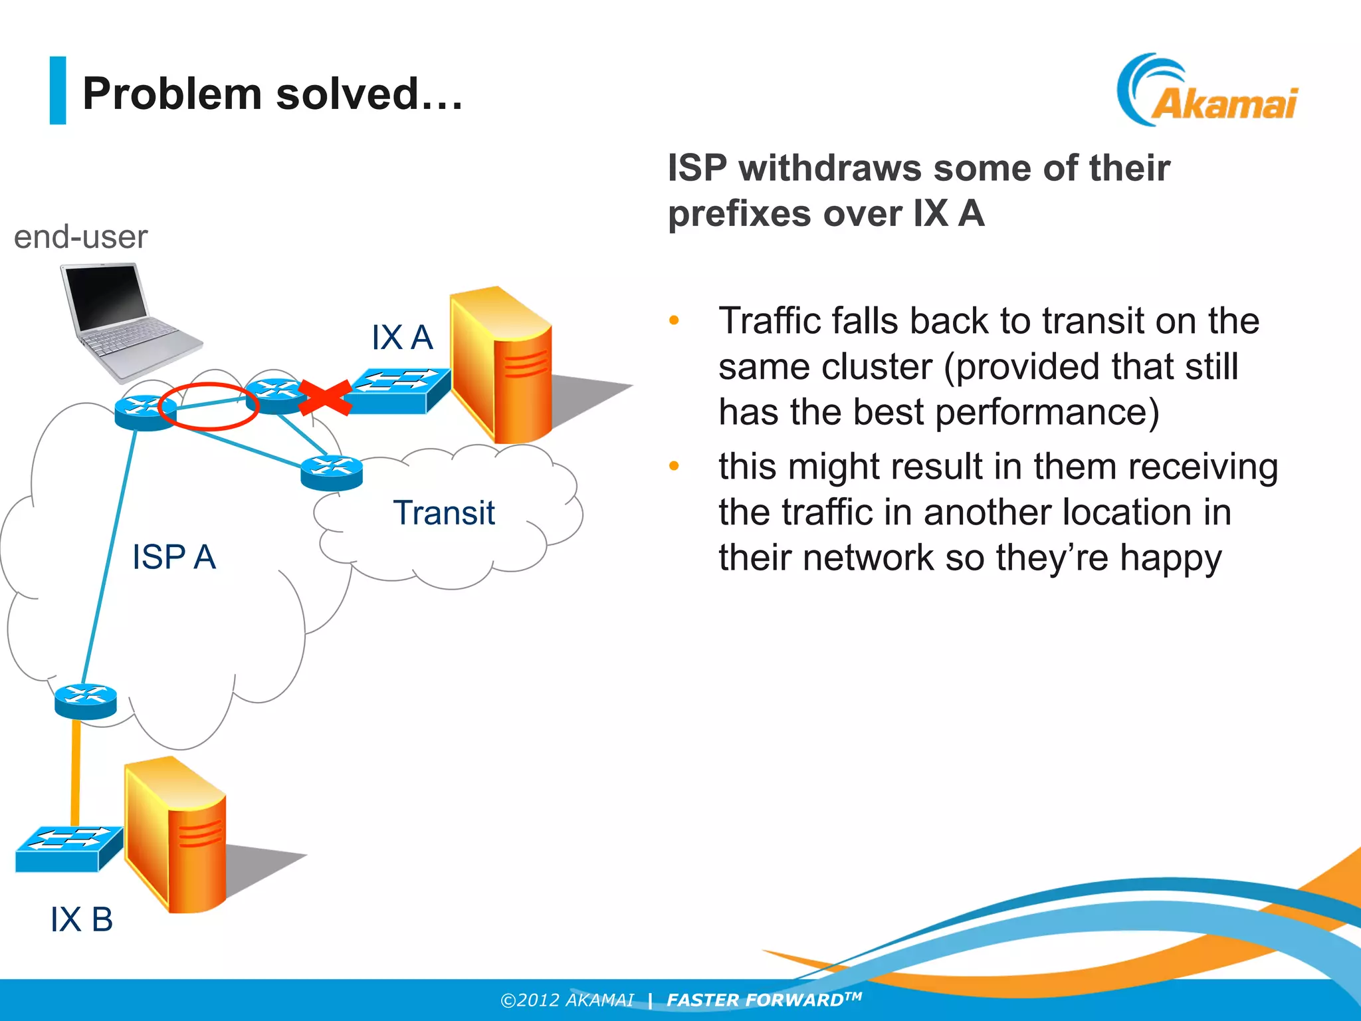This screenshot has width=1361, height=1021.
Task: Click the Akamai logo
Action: [x=1208, y=92]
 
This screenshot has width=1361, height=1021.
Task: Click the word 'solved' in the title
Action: [x=346, y=94]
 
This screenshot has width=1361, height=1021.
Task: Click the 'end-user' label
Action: [x=80, y=237]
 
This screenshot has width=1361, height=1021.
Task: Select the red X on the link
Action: [x=324, y=398]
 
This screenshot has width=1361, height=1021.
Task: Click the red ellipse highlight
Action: [x=208, y=406]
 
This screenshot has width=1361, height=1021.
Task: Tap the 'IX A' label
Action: [x=401, y=338]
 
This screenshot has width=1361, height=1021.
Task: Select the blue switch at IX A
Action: [x=397, y=392]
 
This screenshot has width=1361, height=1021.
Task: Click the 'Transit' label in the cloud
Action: [x=443, y=513]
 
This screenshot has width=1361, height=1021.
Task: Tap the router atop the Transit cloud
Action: [x=332, y=473]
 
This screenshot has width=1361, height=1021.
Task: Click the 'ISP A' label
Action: [x=173, y=557]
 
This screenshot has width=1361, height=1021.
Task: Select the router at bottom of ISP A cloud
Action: [x=86, y=701]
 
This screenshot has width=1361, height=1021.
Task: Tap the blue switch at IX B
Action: [x=68, y=849]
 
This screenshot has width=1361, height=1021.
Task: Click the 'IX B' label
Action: [x=81, y=920]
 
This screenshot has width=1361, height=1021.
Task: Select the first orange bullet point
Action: [x=674, y=321]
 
